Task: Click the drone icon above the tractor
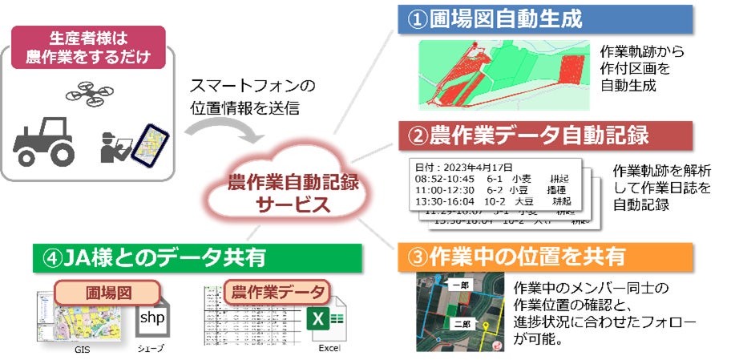[x=89, y=93]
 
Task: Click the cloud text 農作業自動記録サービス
[x=293, y=192]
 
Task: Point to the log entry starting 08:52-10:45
[x=489, y=178]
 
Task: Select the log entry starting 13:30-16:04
[x=489, y=202]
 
